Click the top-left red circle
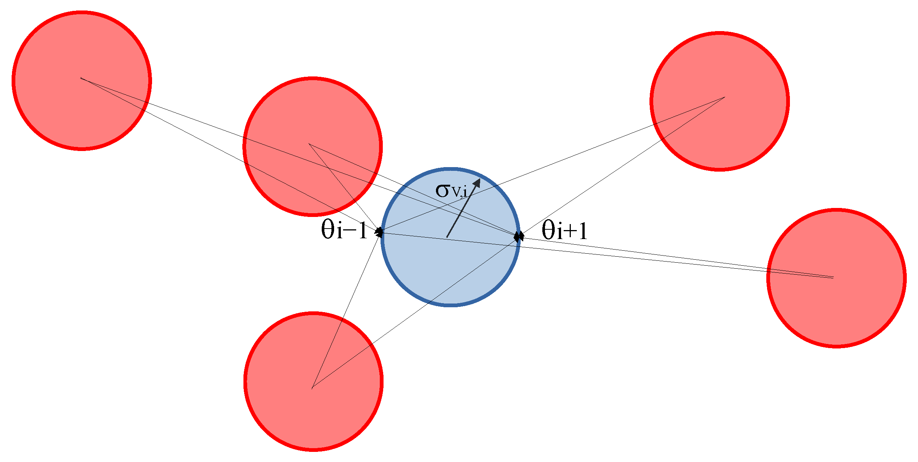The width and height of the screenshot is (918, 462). click(82, 81)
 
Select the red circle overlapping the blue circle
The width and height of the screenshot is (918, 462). click(312, 146)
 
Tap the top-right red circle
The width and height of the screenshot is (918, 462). click(719, 101)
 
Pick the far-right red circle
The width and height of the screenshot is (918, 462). click(836, 278)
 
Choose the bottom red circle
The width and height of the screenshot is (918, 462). click(313, 381)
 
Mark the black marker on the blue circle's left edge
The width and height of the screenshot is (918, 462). click(379, 232)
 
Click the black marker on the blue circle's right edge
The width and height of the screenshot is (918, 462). click(519, 236)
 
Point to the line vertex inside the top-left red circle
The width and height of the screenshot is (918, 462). click(81, 78)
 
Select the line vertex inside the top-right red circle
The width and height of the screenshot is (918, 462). click(724, 97)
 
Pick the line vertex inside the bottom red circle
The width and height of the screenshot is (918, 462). click(312, 388)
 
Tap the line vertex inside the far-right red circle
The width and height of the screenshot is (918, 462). click(833, 278)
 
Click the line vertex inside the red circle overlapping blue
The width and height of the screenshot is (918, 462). click(309, 144)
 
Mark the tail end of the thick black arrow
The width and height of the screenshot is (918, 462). click(447, 237)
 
